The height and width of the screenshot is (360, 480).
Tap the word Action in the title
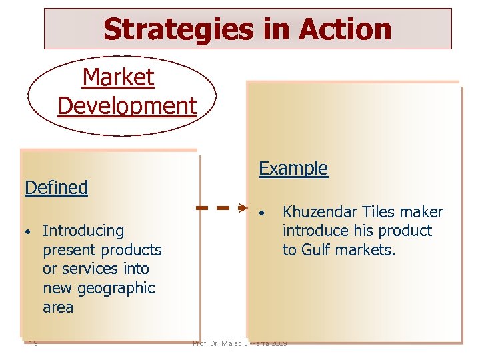345,29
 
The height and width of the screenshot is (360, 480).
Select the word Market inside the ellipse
118,78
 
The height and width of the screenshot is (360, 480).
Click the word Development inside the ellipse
127,105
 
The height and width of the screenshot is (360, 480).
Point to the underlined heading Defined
56,188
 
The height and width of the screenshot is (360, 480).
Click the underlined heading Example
293,169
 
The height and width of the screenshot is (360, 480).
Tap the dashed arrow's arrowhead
243,209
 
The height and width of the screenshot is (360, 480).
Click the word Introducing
83,231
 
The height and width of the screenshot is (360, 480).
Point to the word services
92,269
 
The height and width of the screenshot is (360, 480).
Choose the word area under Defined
58,308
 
